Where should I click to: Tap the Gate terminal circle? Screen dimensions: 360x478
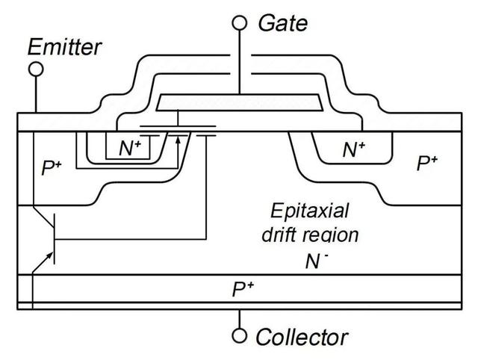(239, 22)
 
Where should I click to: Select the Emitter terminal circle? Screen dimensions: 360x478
(35, 69)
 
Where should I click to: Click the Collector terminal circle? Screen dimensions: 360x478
(239, 336)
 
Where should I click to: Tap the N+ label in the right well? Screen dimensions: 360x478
(353, 149)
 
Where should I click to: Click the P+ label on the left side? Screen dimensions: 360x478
(52, 167)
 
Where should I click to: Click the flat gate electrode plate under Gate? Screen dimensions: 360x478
(239, 101)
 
